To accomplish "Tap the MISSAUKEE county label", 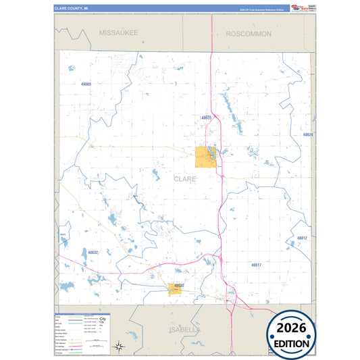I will [118, 32].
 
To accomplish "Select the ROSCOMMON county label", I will [249, 33].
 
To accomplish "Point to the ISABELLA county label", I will [184, 330].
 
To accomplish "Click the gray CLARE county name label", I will [185, 179].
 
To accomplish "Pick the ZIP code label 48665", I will [85, 84].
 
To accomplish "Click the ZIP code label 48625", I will [207, 118].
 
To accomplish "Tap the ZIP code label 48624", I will [308, 135].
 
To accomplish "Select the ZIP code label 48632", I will [93, 253].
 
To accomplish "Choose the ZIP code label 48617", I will [257, 265].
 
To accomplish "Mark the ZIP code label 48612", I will [302, 238].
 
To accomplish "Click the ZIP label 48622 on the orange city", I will [177, 286].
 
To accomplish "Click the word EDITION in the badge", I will [292, 342].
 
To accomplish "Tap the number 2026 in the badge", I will [292, 328].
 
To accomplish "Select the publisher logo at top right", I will [303, 7].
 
